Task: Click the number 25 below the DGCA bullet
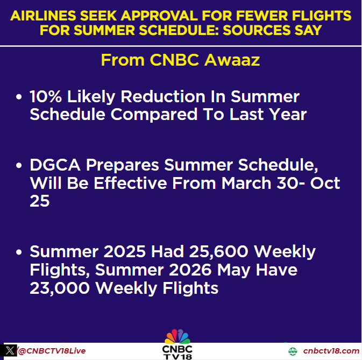40,200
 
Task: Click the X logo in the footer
10,351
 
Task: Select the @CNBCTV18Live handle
52,351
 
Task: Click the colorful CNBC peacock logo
178,337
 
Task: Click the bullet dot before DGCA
19,166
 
